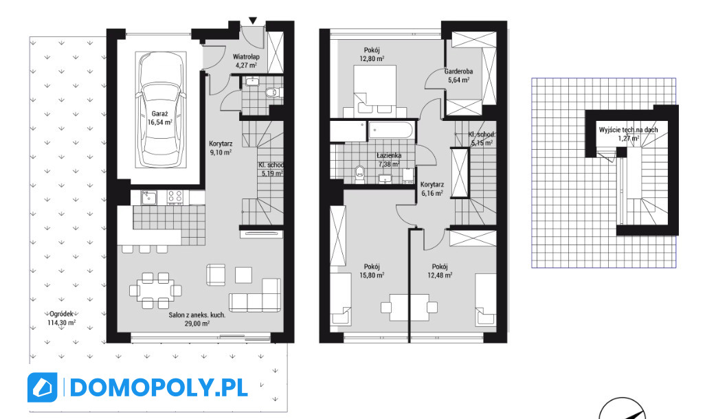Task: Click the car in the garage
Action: click(x=161, y=110)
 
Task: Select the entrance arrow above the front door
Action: click(x=253, y=20)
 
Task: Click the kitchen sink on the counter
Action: click(x=148, y=197)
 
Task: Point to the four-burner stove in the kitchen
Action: click(x=175, y=197)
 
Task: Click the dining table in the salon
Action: click(x=155, y=291)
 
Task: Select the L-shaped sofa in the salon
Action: click(x=254, y=295)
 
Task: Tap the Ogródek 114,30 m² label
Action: click(x=62, y=318)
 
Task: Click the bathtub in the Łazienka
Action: click(x=390, y=131)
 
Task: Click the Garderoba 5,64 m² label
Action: click(x=458, y=76)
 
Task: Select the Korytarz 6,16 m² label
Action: click(x=432, y=189)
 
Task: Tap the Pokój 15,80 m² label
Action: click(x=372, y=271)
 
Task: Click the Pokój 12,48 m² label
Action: click(x=440, y=271)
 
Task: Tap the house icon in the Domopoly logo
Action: click(x=43, y=387)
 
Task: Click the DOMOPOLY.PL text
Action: click(x=159, y=387)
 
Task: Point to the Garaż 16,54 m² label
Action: click(x=160, y=117)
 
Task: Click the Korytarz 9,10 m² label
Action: click(x=221, y=148)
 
